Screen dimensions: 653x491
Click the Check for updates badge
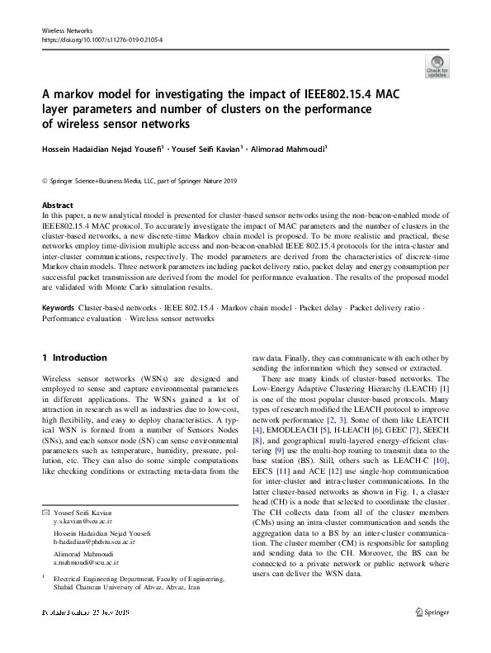437,65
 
